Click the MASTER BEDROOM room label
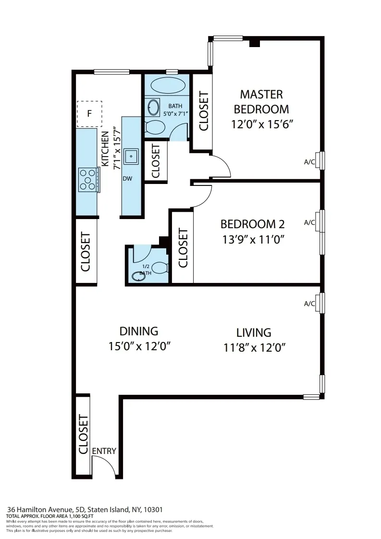261,101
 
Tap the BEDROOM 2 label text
252,224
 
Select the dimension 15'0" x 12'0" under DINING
139,346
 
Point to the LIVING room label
254,332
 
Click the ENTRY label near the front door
104,451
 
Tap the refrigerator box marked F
89,114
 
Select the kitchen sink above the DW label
131,156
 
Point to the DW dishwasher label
127,178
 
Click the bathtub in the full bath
168,86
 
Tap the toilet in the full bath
154,127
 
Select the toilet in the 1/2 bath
160,267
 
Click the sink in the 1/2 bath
137,277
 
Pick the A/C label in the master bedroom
309,162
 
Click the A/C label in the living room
309,304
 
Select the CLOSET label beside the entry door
83,434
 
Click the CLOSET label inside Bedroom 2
183,248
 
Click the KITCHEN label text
104,148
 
